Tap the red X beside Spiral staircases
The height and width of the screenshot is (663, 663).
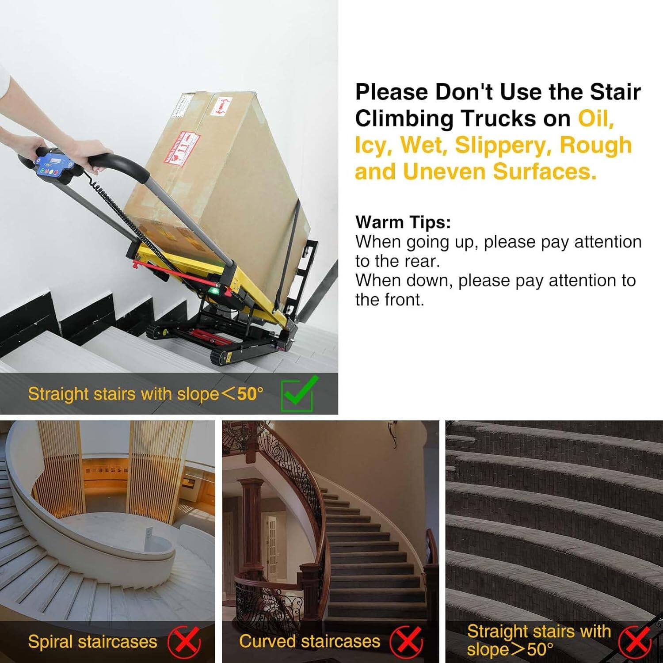pyautogui.click(x=184, y=642)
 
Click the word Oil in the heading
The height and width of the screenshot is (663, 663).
pyautogui.click(x=595, y=118)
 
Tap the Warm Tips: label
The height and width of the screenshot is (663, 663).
pyautogui.click(x=403, y=222)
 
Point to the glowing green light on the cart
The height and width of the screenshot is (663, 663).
pyautogui.click(x=215, y=290)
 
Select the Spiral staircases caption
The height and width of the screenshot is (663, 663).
pyautogui.click(x=92, y=642)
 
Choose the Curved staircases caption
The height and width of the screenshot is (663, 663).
pyautogui.click(x=309, y=641)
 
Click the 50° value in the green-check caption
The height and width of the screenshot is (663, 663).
pyautogui.click(x=250, y=393)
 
